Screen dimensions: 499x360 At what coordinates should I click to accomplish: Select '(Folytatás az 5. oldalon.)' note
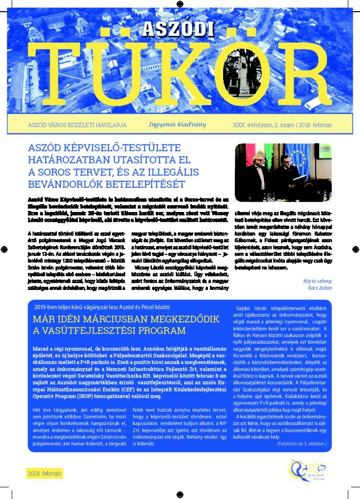tap(303, 444)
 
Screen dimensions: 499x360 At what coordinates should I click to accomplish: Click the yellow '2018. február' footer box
tap(44, 473)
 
